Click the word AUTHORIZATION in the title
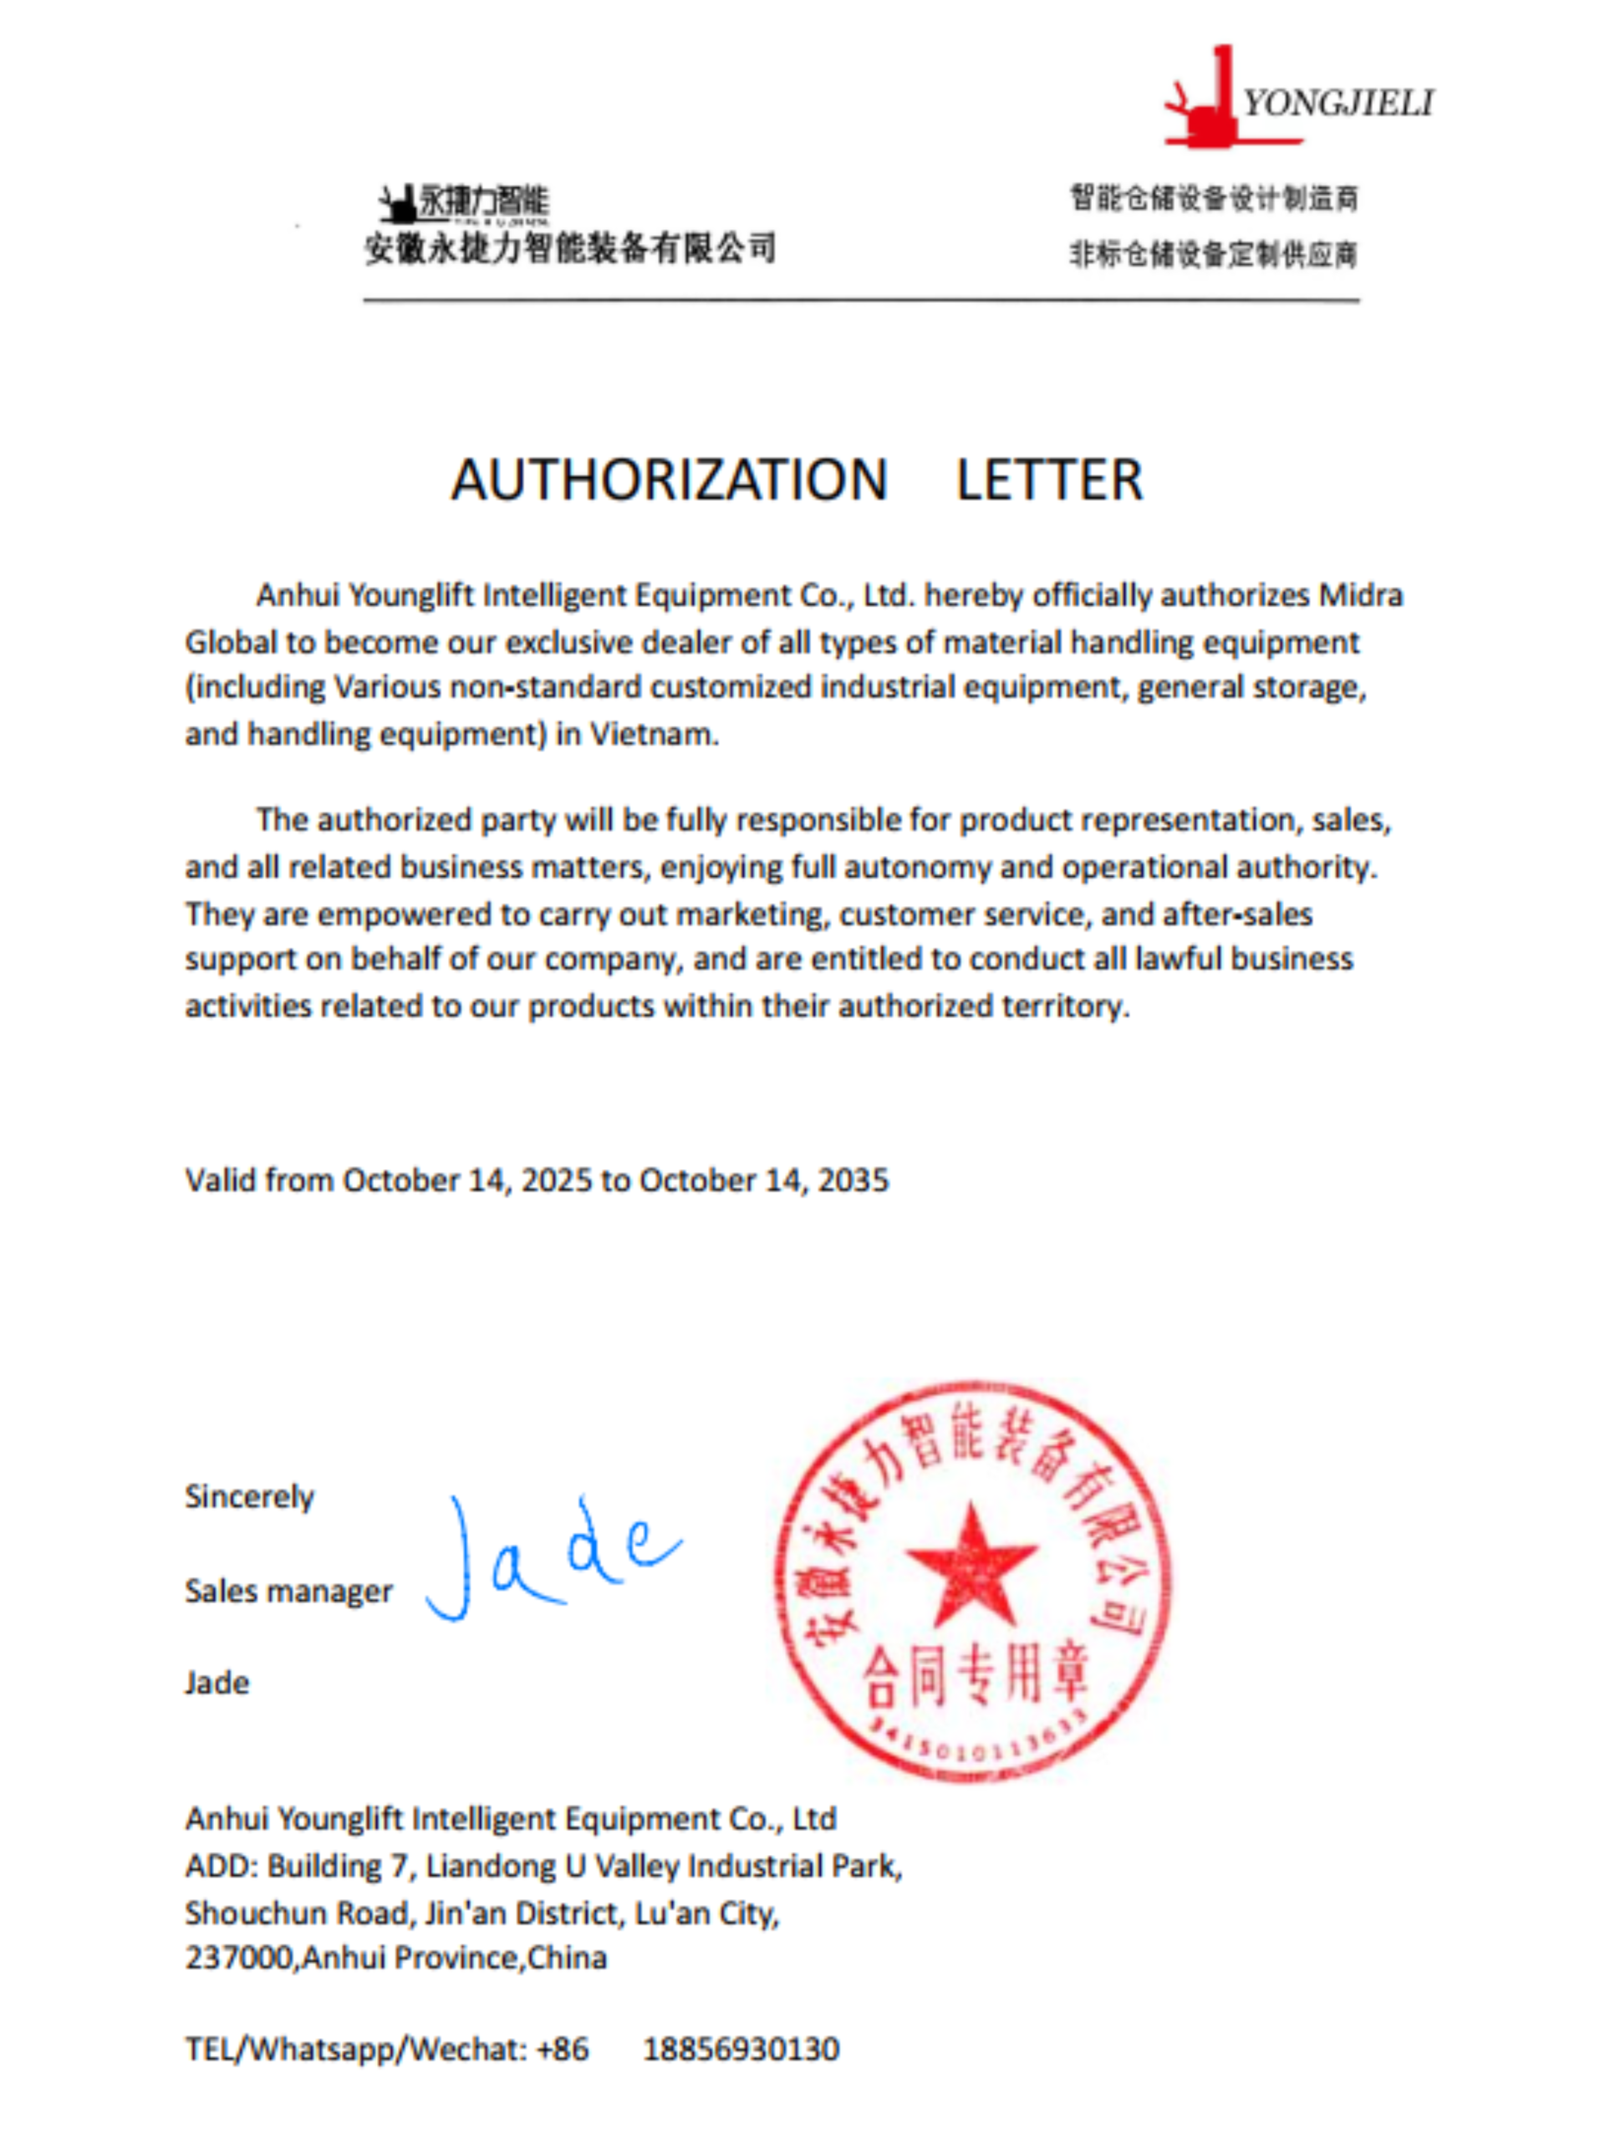coord(669,480)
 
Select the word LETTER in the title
coord(1049,480)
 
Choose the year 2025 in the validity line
coord(556,1180)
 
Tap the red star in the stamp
coord(971,1567)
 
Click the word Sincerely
coord(250,1496)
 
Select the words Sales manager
coord(288,1592)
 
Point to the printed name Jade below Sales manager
coord(217,1684)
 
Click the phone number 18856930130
coord(741,2049)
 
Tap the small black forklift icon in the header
coord(398,204)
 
